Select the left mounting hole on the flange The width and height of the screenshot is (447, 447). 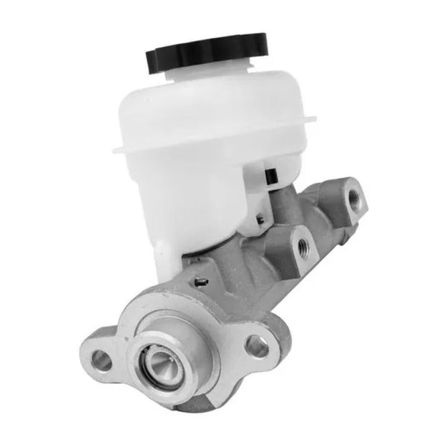(x=101, y=361)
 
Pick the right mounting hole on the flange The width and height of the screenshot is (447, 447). (x=257, y=345)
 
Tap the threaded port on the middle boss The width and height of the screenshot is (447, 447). (x=302, y=246)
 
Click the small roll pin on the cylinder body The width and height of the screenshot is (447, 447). (x=200, y=281)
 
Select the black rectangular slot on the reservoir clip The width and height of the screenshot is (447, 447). (x=273, y=177)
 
